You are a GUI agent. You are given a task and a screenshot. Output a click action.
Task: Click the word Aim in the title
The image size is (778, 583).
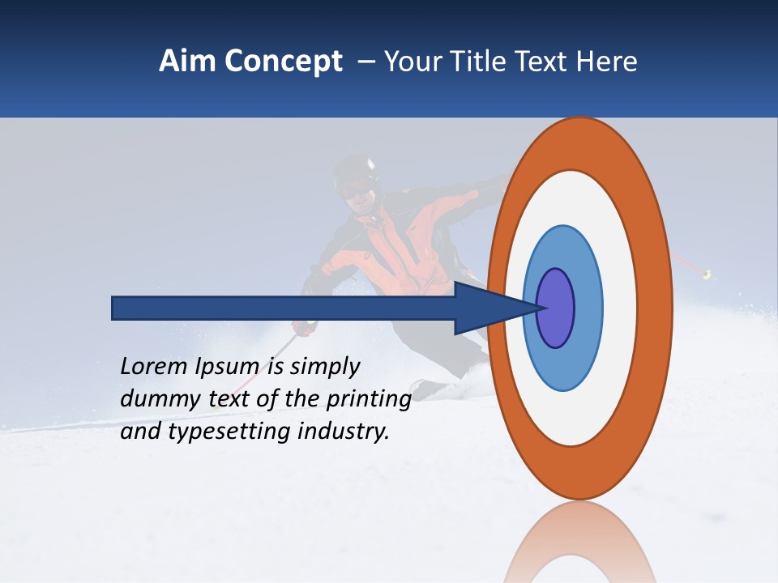pyautogui.click(x=188, y=62)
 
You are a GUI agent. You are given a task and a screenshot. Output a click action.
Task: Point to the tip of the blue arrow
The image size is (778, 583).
pyautogui.click(x=541, y=308)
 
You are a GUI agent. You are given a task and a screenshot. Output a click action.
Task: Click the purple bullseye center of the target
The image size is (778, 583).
pyautogui.click(x=556, y=309)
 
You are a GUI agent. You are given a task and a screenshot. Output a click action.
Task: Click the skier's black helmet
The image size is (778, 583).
pyautogui.click(x=354, y=170)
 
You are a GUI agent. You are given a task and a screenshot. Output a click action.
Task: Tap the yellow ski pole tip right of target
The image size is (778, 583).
pyautogui.click(x=707, y=275)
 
